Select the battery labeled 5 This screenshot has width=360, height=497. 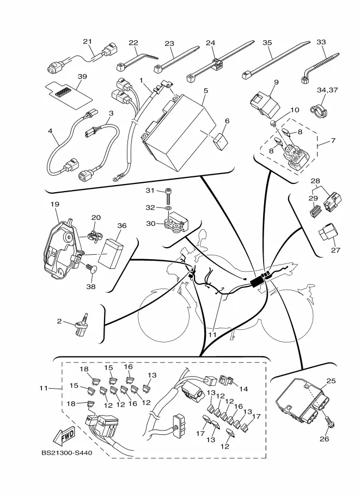[176, 132]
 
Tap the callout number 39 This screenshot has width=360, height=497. [82, 77]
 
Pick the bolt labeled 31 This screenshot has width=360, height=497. [170, 192]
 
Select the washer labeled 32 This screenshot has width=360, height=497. [169, 208]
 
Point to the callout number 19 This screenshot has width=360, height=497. [55, 204]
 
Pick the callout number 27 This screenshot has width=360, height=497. [335, 251]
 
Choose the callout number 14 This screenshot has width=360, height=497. [243, 389]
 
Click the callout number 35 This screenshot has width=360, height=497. [267, 41]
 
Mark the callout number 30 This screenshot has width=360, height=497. [149, 223]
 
